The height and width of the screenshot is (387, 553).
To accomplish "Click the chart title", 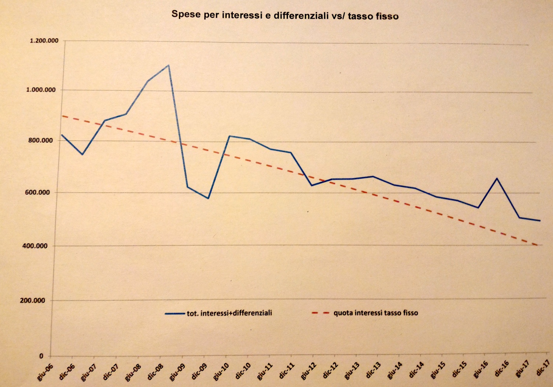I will click(x=285, y=15).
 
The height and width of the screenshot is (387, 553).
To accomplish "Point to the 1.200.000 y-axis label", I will click(x=44, y=41).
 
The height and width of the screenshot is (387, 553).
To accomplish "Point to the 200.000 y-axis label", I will click(x=32, y=300).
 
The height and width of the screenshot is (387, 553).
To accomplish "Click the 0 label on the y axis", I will click(x=41, y=356).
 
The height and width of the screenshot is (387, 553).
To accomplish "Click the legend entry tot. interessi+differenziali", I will click(x=229, y=313).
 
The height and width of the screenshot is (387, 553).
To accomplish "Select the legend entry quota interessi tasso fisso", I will click(x=375, y=313).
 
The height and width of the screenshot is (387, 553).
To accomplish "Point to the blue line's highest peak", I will click(x=168, y=66).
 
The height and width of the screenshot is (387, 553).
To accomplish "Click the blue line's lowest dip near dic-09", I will click(x=208, y=198).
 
